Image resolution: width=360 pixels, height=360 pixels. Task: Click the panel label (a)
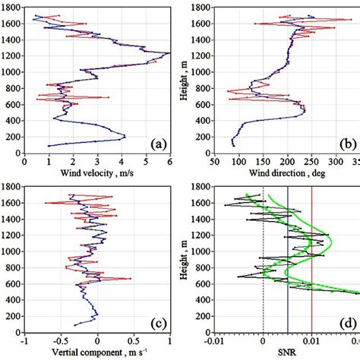[158, 143]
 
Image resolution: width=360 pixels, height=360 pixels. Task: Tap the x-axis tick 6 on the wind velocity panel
[169, 160]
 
